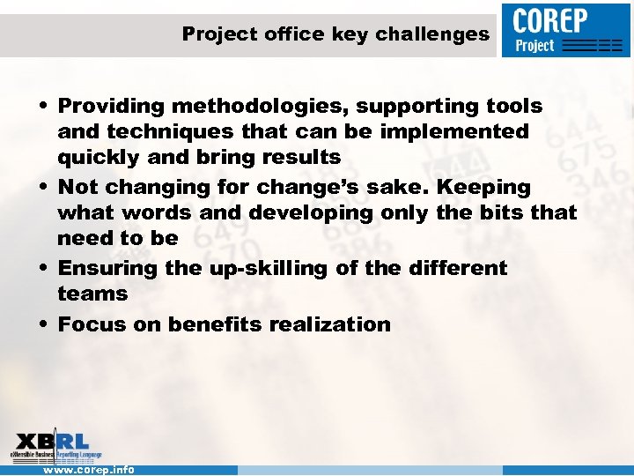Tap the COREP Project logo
(x=566, y=30)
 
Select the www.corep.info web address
(x=89, y=470)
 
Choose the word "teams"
(x=92, y=294)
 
